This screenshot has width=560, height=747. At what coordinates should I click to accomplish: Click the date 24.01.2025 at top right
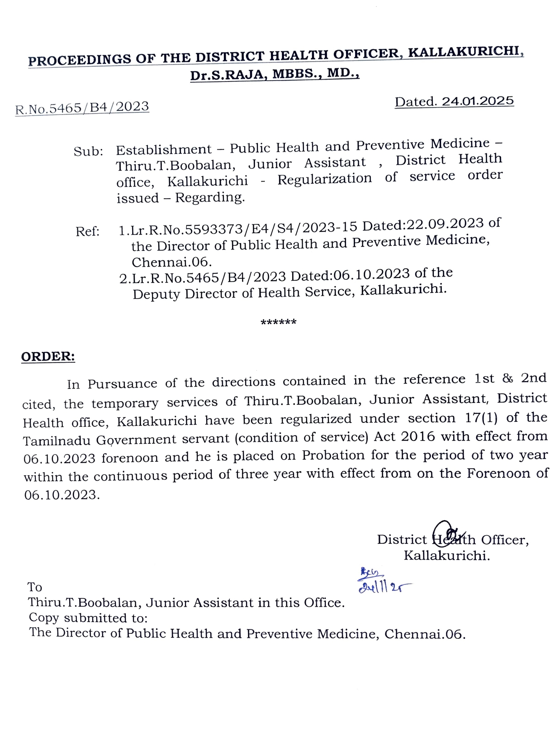pyautogui.click(x=478, y=101)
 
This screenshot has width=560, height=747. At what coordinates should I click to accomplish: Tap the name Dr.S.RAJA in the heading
pyautogui.click(x=225, y=75)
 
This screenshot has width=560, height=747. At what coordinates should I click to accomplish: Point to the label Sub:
pyautogui.click(x=88, y=151)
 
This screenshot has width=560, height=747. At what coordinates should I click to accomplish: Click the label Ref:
pyautogui.click(x=87, y=232)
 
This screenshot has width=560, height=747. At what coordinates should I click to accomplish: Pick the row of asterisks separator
pyautogui.click(x=279, y=323)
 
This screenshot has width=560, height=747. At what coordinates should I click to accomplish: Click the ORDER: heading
pyautogui.click(x=48, y=357)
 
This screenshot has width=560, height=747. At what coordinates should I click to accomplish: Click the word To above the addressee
pyautogui.click(x=35, y=587)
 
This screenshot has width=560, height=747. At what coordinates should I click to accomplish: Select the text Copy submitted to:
pyautogui.click(x=88, y=618)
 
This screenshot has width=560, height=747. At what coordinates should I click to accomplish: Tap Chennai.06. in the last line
pyautogui.click(x=425, y=634)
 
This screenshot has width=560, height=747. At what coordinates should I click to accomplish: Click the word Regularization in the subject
pyautogui.click(x=324, y=179)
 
